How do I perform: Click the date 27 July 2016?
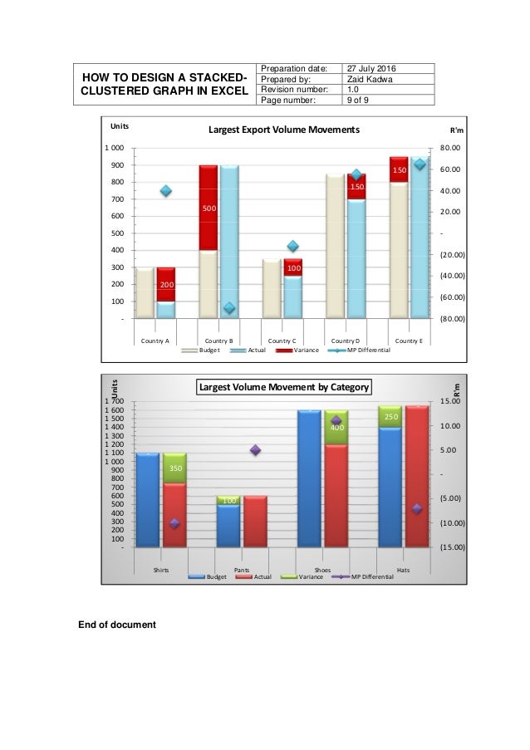coord(372,68)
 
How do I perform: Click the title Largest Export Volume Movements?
coord(283,130)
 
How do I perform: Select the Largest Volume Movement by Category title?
coord(283,386)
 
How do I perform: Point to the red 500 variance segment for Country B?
coord(209,208)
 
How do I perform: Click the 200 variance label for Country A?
coord(166,285)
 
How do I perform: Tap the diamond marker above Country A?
coord(166,191)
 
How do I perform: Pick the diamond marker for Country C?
coord(292,246)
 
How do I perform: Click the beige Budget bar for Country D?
coord(336,245)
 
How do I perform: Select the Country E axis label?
coord(409,341)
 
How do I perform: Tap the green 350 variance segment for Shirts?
coord(174,468)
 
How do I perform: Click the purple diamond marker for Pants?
coord(255,450)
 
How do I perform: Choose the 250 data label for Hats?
coord(390,415)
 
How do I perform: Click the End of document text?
coord(116,624)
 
